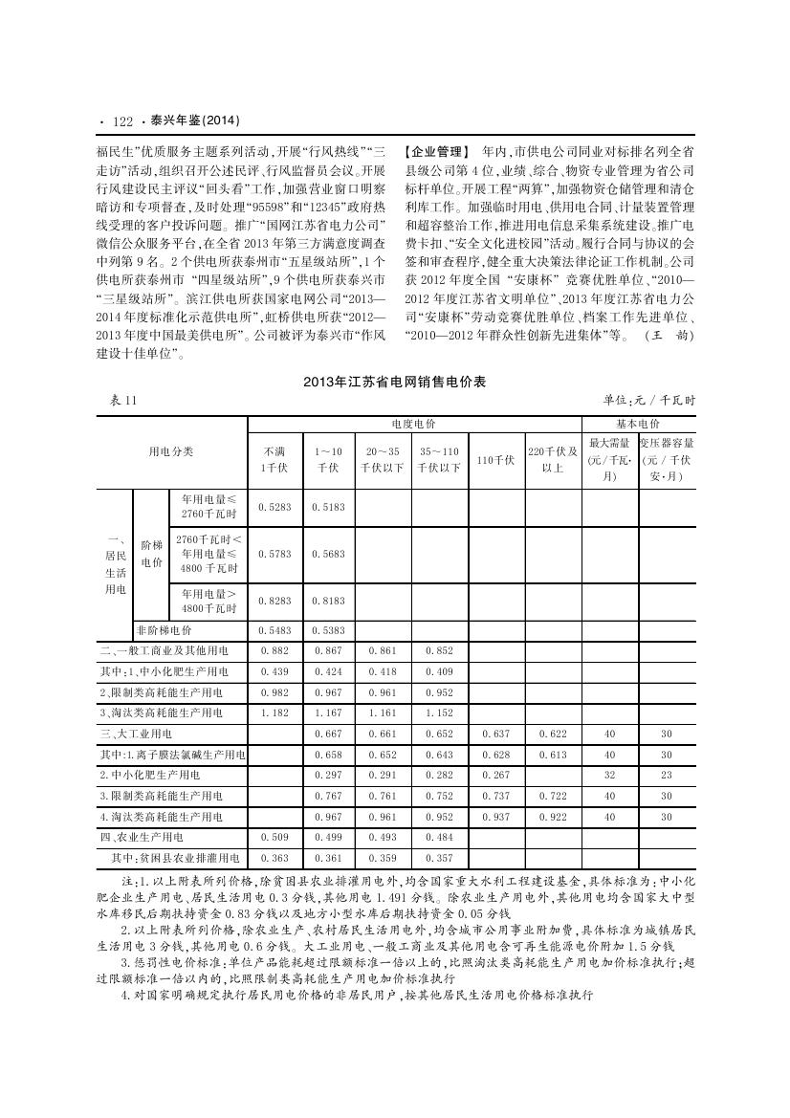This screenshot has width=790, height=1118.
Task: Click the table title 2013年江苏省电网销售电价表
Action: click(394, 382)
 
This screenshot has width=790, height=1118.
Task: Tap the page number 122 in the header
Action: click(121, 121)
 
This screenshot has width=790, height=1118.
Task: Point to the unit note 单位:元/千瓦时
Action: click(648, 401)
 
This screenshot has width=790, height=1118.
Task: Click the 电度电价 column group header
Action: click(413, 423)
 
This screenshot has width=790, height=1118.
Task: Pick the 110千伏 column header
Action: click(496, 459)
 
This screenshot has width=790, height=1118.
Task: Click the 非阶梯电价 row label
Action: click(164, 631)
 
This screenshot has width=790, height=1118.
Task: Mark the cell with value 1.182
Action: click(275, 712)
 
